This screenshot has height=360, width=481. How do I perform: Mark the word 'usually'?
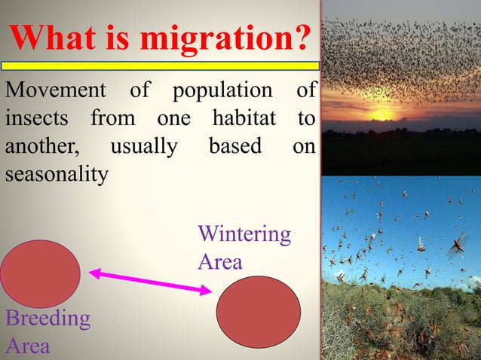(143, 147)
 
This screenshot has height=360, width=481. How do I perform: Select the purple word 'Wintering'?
(244, 234)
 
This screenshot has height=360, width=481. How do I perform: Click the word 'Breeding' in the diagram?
(47, 319)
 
